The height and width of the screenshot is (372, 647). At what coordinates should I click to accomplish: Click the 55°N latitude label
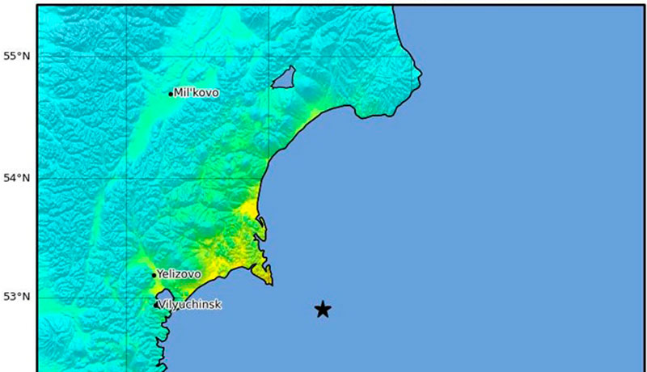pos(16,56)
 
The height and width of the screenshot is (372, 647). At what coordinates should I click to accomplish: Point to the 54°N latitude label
pos(16,177)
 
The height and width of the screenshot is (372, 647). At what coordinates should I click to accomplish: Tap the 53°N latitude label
pos(16,297)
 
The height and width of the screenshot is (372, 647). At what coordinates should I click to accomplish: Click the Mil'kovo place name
pos(197,93)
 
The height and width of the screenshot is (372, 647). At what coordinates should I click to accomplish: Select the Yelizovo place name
pos(179,274)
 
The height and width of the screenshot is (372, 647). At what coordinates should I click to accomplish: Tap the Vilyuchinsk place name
pos(191,305)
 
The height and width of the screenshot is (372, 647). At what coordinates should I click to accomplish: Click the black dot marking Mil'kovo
pos(171,94)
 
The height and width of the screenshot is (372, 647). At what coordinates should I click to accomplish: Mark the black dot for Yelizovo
pos(154,275)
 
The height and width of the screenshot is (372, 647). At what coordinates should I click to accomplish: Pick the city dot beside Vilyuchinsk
pos(156,305)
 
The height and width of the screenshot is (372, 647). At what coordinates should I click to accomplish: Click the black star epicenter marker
pos(323,309)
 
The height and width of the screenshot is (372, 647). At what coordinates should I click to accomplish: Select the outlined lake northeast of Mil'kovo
pos(284,78)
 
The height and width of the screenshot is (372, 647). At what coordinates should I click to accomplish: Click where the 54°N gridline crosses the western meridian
pos(127,177)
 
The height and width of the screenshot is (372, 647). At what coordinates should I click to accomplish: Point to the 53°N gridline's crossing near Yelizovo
pos(127,297)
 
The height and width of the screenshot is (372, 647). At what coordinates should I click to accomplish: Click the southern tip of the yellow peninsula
pos(271,284)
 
